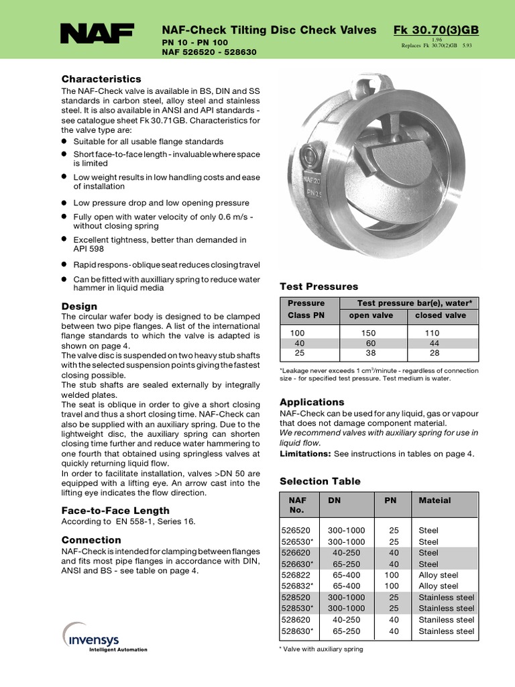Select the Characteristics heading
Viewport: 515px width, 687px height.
coord(101,79)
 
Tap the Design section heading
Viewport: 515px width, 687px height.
coord(79,306)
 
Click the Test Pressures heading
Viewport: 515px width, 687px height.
coord(319,286)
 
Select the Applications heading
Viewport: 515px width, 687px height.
coord(312,402)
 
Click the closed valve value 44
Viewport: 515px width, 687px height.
coord(433,343)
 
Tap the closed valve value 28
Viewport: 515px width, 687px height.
coord(433,353)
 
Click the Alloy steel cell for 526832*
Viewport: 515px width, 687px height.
coord(438,586)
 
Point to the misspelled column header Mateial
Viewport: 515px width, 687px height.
coord(435,500)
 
